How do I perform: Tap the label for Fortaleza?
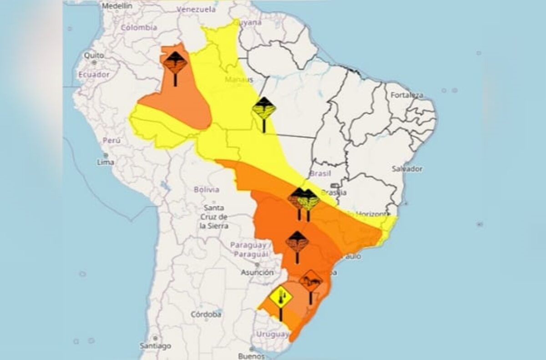click(407, 95)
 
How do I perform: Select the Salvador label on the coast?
click(407, 169)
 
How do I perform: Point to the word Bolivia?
click(206, 189)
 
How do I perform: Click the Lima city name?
click(106, 162)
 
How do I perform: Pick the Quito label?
click(94, 55)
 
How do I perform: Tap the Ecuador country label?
click(94, 74)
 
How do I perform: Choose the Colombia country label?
click(139, 27)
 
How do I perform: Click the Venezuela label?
click(196, 9)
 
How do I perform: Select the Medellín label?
click(117, 6)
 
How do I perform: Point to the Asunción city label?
click(258, 273)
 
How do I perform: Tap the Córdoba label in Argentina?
click(206, 314)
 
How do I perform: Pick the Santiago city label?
click(156, 346)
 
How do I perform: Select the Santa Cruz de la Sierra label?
click(214, 217)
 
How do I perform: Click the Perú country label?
click(111, 141)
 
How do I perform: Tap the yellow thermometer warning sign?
click(280, 297)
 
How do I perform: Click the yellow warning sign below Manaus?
click(264, 109)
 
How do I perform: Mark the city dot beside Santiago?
click(155, 339)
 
